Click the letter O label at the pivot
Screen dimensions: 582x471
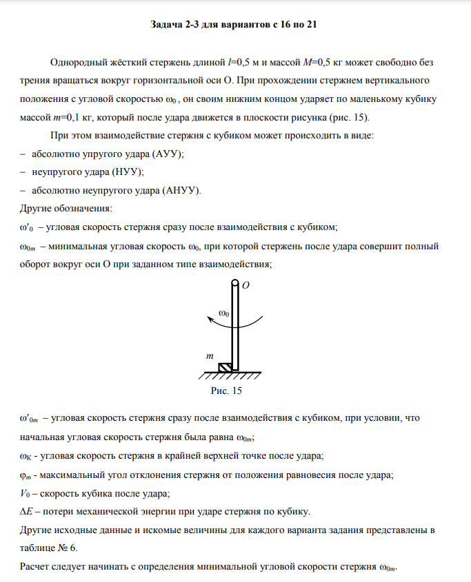click(x=245, y=284)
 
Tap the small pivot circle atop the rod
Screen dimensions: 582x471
click(x=235, y=283)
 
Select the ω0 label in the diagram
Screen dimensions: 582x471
click(x=225, y=313)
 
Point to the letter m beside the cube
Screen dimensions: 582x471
click(x=210, y=356)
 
